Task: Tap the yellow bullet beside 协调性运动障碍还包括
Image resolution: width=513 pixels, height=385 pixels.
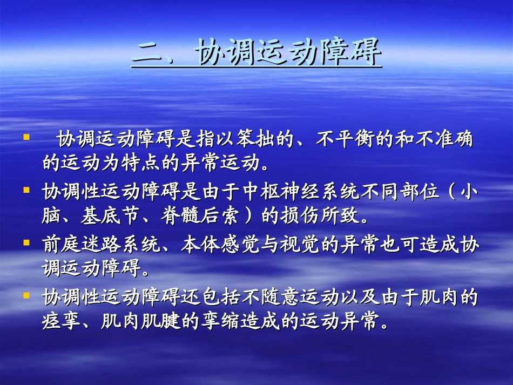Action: [x=25, y=295]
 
